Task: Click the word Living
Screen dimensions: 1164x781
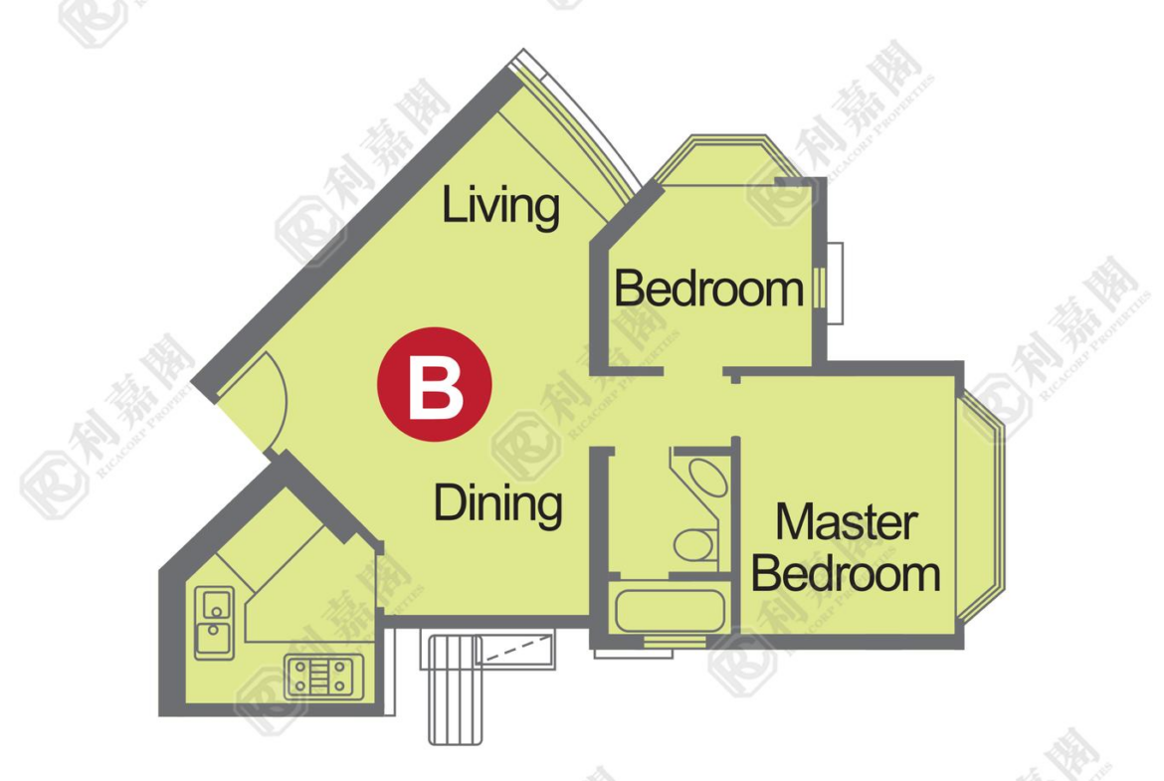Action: (500, 206)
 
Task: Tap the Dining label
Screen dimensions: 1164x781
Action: (497, 503)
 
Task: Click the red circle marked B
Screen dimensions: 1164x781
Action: (435, 385)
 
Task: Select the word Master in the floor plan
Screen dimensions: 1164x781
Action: (847, 522)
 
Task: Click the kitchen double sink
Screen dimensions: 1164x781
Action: (215, 623)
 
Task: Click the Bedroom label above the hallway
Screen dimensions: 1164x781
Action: (709, 289)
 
